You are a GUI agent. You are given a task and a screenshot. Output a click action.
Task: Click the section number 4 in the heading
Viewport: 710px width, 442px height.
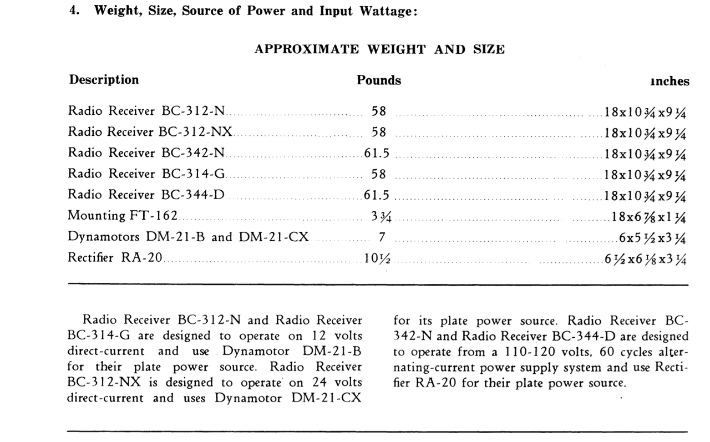coord(72,12)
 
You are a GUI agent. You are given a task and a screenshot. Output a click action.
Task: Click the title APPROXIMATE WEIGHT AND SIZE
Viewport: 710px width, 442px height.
coord(379,49)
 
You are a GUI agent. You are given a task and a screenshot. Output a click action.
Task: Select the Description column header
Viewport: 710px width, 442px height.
coord(104,80)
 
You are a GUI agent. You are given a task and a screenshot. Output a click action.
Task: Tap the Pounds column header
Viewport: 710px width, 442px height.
coord(379,80)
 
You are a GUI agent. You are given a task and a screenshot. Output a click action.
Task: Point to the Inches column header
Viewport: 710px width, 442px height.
coord(670,82)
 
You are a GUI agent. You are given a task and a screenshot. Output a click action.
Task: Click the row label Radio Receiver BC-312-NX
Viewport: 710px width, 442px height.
coord(150,132)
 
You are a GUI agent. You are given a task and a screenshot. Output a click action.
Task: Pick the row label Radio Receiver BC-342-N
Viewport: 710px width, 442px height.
coord(146,153)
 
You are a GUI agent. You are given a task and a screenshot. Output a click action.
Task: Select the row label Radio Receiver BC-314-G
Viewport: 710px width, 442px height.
coord(146,174)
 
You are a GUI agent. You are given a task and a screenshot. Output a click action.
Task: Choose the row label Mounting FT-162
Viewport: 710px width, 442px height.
coord(123,216)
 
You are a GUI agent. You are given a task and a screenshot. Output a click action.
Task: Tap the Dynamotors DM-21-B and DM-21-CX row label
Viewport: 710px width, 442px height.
coord(188,237)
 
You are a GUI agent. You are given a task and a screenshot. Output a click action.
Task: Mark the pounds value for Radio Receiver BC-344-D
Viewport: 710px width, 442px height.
coord(377,195)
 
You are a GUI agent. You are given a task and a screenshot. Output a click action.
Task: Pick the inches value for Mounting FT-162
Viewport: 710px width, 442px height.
coord(646,216)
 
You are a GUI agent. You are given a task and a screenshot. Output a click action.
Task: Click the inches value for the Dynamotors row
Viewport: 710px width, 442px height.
coord(653,237)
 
